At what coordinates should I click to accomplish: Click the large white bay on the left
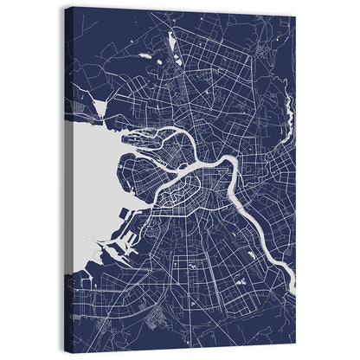90,173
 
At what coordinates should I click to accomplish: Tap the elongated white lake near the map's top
173,42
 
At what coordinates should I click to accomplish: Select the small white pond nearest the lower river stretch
251,256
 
